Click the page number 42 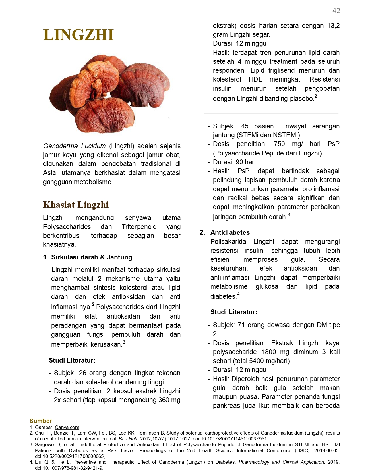tap(336, 11)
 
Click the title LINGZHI tap(78, 35)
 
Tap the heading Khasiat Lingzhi tap(76, 205)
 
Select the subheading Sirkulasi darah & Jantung tap(92, 257)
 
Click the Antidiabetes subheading tap(230, 232)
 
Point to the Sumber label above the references tap(40, 421)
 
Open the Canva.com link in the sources tap(67, 427)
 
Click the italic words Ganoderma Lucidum tap(74, 146)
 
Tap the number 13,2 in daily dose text tap(333, 26)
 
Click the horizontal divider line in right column tap(271, 114)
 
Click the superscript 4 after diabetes tap(238, 294)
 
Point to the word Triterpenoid tap(139, 227)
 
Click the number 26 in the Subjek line tap(82, 373)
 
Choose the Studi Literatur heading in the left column tap(72, 360)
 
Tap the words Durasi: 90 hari tap(234, 162)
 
